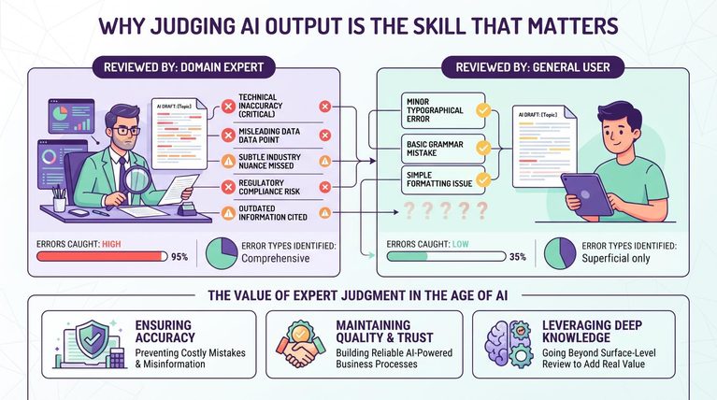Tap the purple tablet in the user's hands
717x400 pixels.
coord(587,193)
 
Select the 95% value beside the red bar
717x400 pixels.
coord(179,257)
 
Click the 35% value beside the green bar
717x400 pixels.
coord(518,257)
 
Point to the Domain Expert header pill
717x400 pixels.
coord(184,67)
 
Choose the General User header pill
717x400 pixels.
coord(533,67)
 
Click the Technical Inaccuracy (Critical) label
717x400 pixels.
coord(260,106)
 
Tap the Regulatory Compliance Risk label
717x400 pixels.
coord(269,187)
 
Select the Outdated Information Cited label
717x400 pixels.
coord(273,212)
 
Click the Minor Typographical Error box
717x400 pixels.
coord(443,110)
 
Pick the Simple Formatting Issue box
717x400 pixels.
coord(443,179)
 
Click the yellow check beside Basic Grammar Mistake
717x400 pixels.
coord(483,148)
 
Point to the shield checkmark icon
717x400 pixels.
coord(93,338)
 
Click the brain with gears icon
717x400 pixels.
coord(508,343)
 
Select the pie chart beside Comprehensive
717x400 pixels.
coord(222,252)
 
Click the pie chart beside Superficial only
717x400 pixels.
coord(560,252)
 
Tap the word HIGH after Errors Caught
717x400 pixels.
coord(111,244)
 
